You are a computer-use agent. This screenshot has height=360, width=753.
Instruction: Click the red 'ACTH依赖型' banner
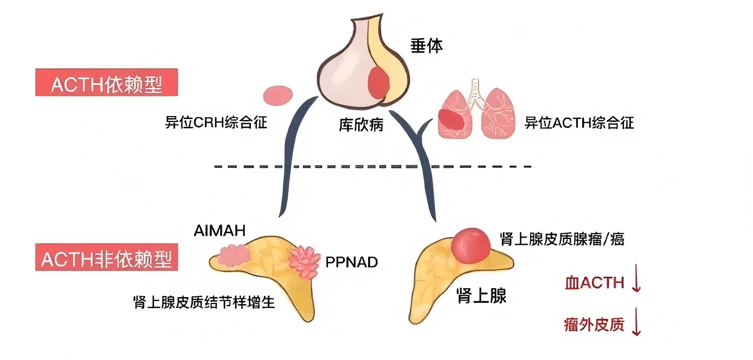click(x=106, y=83)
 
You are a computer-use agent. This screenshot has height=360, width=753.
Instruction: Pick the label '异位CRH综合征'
click(x=216, y=122)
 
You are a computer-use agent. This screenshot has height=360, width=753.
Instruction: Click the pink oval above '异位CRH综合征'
click(x=278, y=95)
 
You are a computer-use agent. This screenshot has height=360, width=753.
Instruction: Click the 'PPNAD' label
click(x=351, y=262)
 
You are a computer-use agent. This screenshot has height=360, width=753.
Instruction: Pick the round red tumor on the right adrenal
click(x=471, y=244)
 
